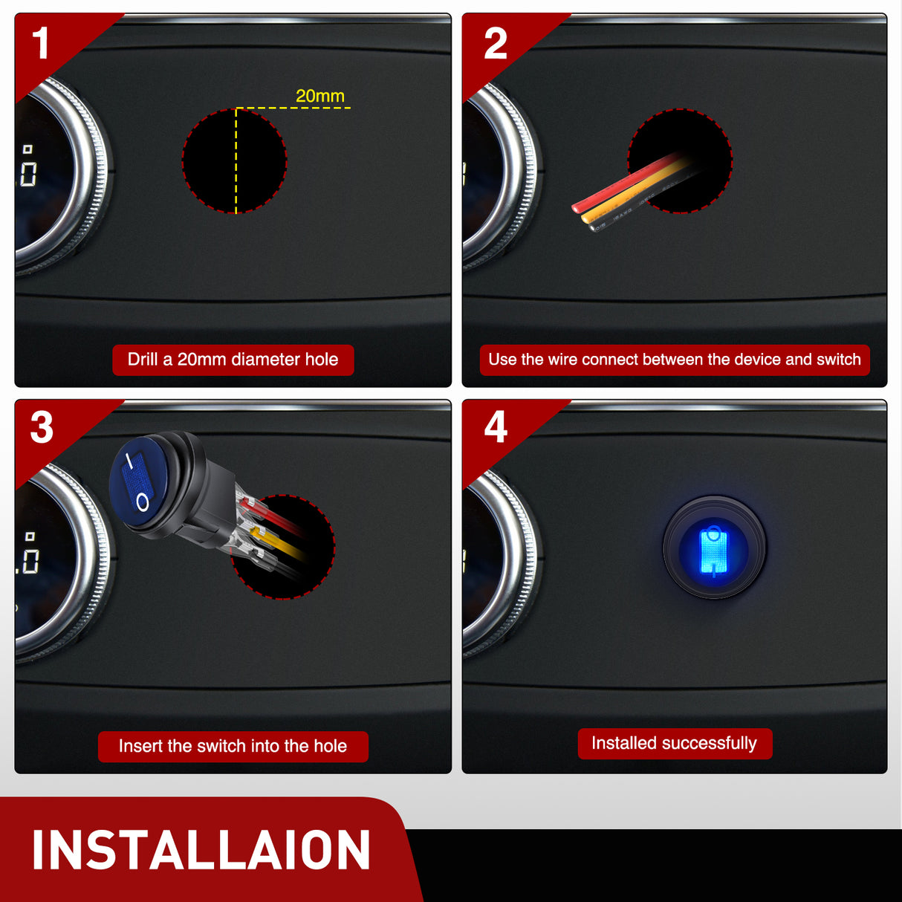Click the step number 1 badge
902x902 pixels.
41,43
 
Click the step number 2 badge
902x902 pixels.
496,43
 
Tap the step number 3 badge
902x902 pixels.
42,427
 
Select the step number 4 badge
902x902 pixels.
496,426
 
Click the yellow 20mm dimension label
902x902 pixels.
320,96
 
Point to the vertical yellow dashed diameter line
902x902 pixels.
236,161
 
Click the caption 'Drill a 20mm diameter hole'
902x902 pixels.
233,360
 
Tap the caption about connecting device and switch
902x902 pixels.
675,360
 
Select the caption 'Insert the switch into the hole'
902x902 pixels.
233,746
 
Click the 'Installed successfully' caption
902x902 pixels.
675,743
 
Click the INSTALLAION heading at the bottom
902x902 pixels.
201,849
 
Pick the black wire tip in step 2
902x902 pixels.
594,227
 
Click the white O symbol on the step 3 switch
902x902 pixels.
143,502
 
